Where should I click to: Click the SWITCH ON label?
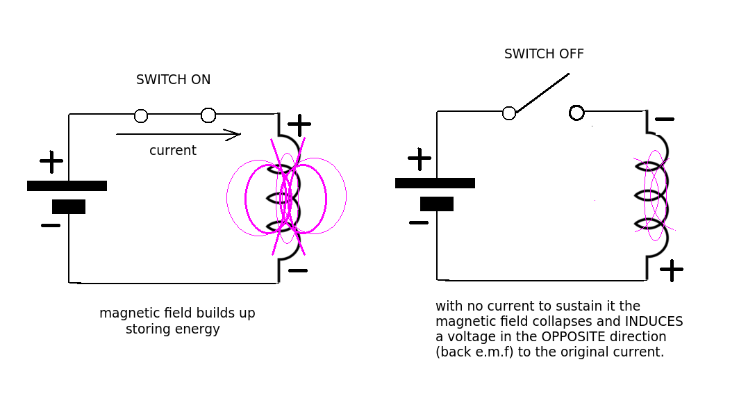tap(173, 80)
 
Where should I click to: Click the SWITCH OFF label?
tap(544, 54)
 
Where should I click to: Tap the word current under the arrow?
tap(172, 151)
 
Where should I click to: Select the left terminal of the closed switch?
tap(141, 116)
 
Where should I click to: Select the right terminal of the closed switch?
tap(208, 115)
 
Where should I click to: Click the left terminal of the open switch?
tap(509, 113)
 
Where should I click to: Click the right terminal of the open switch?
tap(576, 113)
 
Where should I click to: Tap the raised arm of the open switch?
tap(542, 92)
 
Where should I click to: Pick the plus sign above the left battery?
tap(51, 161)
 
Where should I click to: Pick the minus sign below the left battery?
tap(51, 225)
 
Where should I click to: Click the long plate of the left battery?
tap(67, 186)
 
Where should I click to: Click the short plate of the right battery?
tap(437, 204)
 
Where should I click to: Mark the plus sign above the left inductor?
tap(299, 125)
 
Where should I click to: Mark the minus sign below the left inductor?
tap(298, 270)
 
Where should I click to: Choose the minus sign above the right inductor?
tap(665, 120)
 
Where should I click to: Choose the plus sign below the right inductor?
tap(672, 270)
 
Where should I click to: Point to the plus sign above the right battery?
tap(420, 158)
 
